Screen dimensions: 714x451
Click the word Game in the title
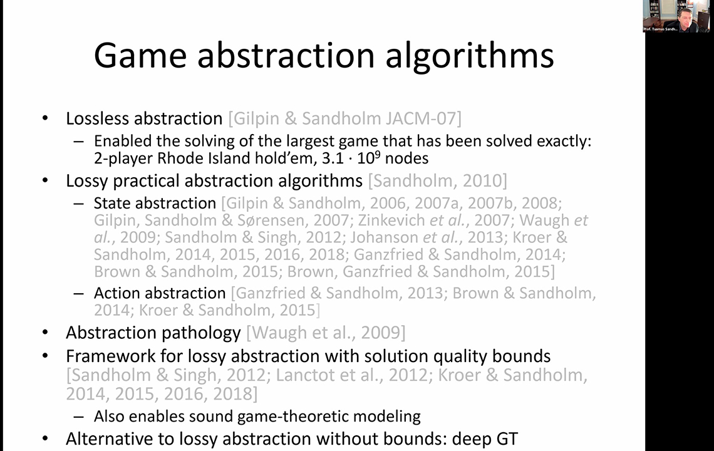[x=140, y=56]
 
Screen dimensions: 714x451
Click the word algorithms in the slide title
[x=470, y=56]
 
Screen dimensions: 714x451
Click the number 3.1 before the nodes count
[x=333, y=158]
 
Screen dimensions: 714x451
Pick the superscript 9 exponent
[x=378, y=154]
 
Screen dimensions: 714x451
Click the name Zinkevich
[x=391, y=220]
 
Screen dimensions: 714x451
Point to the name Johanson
[x=385, y=237]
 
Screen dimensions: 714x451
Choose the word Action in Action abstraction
[x=116, y=293]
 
